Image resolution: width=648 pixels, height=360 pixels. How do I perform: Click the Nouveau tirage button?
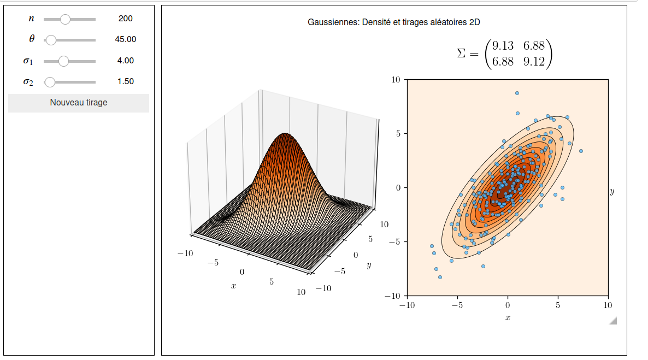(79, 103)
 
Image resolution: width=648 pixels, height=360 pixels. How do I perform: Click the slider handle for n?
(65, 19)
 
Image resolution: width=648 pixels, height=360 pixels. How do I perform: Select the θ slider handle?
(51, 40)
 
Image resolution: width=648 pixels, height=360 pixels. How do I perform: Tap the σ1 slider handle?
(63, 61)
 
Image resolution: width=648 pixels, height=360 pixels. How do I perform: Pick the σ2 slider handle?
(50, 82)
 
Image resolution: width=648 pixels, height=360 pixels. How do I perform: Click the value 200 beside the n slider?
(125, 19)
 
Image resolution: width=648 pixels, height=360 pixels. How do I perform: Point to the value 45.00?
(126, 39)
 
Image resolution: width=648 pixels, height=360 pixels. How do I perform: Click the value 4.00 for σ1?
(126, 61)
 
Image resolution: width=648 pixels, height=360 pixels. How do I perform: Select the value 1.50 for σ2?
(126, 81)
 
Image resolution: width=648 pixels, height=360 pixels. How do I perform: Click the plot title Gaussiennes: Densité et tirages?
(394, 22)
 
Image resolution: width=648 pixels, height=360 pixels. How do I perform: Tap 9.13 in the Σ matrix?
(503, 46)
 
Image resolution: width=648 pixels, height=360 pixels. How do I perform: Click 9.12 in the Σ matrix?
(534, 62)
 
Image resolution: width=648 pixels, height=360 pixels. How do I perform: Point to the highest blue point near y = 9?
(517, 93)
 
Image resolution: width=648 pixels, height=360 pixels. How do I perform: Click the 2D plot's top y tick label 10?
(396, 80)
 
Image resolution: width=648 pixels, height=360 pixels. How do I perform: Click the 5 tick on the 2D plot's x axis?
(558, 305)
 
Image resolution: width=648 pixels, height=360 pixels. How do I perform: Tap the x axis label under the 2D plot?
(508, 318)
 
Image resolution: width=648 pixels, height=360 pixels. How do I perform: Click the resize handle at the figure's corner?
(613, 321)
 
